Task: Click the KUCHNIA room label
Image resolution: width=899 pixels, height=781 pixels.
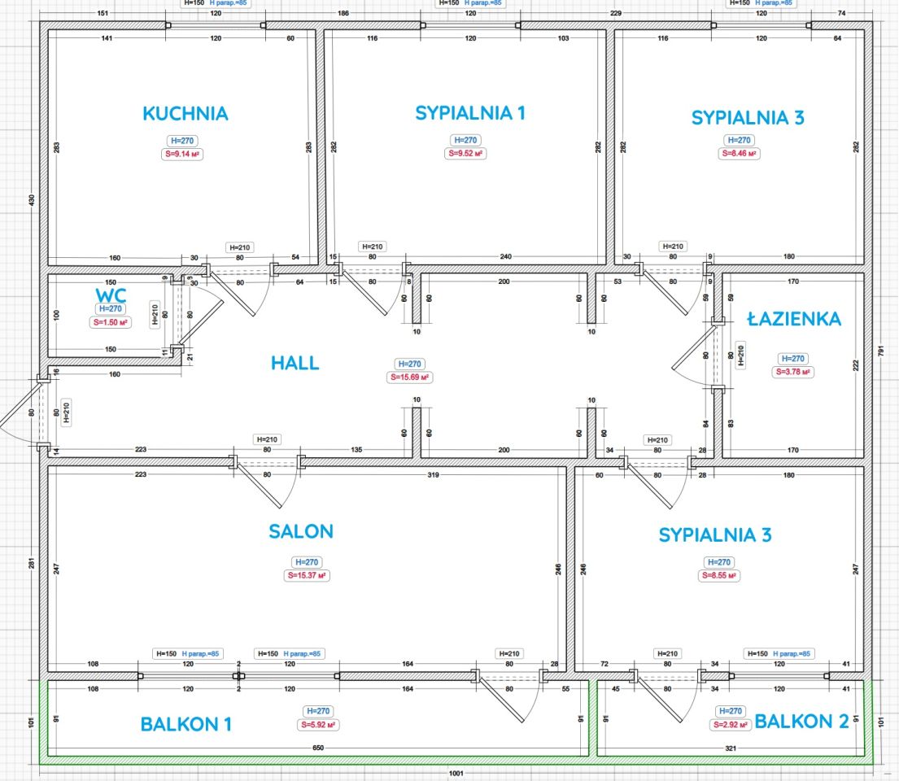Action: tap(185, 114)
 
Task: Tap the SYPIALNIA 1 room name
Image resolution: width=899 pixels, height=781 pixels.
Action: tap(470, 113)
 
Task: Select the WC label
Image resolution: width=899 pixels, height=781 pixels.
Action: tap(110, 294)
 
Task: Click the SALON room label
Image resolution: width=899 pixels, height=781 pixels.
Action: tap(301, 532)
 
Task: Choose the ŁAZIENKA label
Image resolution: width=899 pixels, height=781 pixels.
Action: tap(794, 320)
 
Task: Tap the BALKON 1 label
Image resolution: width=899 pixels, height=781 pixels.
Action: tap(186, 724)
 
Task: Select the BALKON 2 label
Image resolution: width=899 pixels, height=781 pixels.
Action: tap(802, 722)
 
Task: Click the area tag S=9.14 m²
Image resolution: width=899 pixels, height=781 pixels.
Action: tap(185, 153)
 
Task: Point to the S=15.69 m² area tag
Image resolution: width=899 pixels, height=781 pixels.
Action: tap(410, 377)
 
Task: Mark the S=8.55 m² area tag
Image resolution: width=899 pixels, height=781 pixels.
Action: tap(718, 576)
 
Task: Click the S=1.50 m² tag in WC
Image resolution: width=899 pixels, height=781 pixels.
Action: tap(110, 323)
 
